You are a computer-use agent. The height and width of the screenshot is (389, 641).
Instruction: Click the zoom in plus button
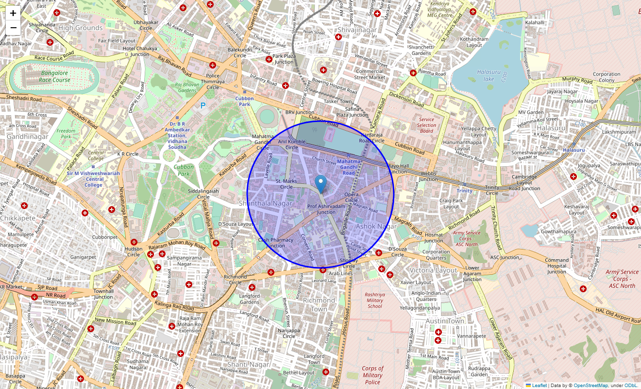[13, 14]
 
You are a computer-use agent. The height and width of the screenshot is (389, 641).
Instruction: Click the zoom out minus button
[13, 28]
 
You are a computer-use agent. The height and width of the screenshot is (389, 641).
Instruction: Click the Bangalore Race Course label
[54, 76]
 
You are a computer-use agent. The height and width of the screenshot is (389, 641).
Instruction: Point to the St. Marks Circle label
[286, 184]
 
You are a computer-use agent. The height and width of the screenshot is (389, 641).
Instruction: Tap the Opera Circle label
[351, 197]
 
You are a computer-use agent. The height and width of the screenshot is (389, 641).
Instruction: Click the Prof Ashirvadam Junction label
[326, 209]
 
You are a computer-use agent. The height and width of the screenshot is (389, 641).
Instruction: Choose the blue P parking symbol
[203, 105]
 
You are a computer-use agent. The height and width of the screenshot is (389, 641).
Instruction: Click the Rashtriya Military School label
[374, 300]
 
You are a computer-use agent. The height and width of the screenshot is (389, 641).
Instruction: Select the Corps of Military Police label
[372, 375]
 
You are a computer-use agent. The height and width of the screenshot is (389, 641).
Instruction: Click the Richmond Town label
[319, 304]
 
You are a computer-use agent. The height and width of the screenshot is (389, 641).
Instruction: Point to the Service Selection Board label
[426, 125]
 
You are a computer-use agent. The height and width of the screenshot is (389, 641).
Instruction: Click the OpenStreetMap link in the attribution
[590, 386]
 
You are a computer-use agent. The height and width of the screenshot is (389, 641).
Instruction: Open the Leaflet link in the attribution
[539, 386]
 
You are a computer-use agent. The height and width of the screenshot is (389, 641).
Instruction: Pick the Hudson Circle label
[134, 251]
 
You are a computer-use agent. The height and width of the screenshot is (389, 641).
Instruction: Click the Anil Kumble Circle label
[291, 144]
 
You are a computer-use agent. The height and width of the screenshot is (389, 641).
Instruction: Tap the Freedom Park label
[66, 134]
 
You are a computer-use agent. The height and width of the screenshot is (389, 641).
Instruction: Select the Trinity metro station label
[464, 191]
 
